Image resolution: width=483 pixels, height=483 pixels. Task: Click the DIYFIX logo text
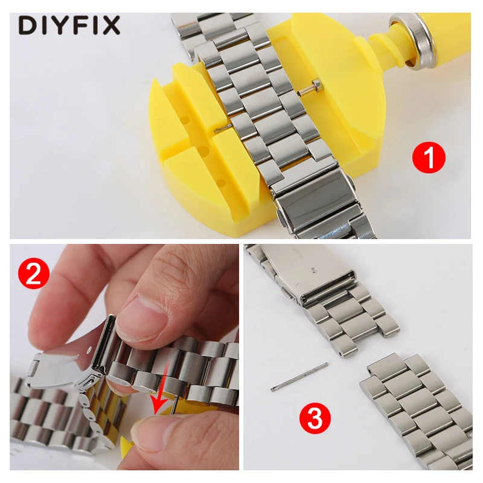(69, 25)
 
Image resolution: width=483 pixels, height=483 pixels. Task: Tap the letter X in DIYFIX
(111, 25)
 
